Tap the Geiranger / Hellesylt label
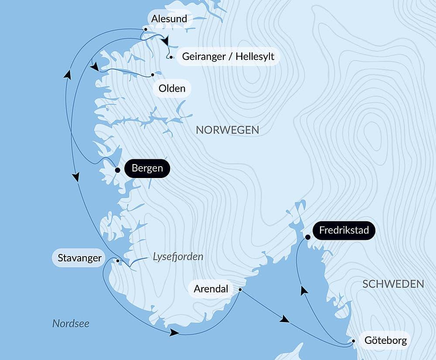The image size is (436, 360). [228, 57]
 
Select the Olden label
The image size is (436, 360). [172, 89]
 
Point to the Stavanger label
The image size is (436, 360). [79, 258]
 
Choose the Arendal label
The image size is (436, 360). [211, 289]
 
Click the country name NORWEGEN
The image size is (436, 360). [228, 130]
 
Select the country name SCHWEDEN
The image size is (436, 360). [393, 284]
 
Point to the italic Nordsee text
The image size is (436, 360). [71, 323]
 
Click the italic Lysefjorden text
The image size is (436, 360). [178, 257]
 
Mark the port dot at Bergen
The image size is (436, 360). [117, 170]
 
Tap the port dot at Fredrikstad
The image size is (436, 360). [308, 237]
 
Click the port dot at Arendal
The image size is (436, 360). [240, 289]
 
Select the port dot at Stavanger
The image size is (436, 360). [118, 261]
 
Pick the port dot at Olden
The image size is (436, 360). [153, 75]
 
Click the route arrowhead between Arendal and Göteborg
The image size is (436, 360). [285, 320]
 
